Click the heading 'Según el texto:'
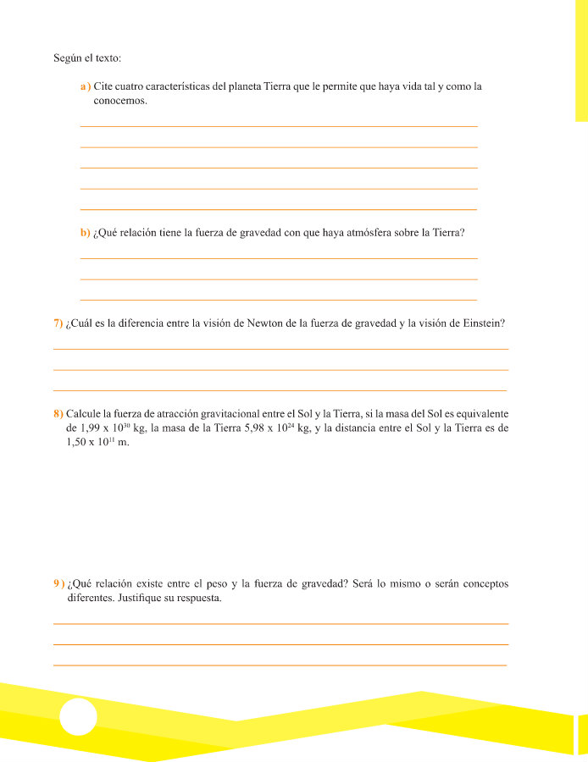click(87, 58)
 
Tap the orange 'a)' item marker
click(85, 86)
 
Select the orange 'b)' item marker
click(85, 232)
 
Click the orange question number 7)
click(58, 323)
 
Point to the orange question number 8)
click(58, 413)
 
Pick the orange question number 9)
click(58, 583)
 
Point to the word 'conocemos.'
click(120, 101)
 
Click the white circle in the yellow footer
click(78, 717)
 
